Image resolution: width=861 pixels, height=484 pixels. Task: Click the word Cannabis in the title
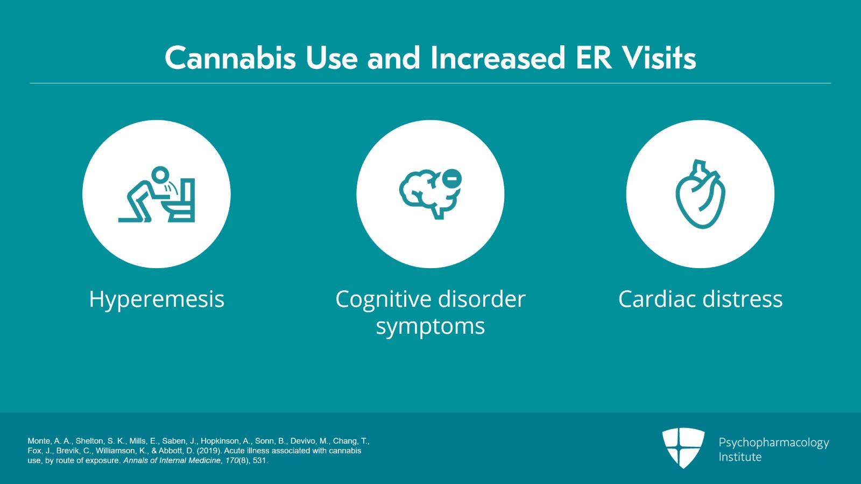coord(230,58)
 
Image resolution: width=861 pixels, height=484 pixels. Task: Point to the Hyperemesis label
coord(157,299)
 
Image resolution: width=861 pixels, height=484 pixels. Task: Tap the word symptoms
coord(430,326)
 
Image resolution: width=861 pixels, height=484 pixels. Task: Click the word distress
coord(743,299)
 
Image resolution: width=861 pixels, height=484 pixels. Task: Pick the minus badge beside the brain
coord(451,179)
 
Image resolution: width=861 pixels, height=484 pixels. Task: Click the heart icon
coord(700,194)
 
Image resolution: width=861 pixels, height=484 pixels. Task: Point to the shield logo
coord(683,447)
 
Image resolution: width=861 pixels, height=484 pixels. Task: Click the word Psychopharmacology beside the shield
coord(774,443)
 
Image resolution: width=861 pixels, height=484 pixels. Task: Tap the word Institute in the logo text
coord(740,457)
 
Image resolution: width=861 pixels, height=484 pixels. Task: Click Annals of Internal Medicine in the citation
coord(172,460)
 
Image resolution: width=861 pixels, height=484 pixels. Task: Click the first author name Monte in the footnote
coord(39,441)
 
